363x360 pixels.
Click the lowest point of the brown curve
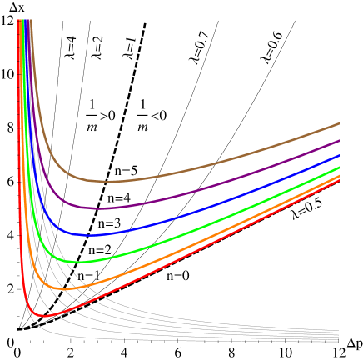pos(107,181)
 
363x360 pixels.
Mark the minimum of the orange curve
pos(63,288)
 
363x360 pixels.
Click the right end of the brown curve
pos(339,123)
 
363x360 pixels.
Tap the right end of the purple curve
pos(339,140)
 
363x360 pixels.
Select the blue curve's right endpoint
pos(339,155)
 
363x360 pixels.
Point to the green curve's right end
pos(339,167)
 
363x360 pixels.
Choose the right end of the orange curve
pos(339,176)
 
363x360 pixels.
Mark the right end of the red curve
pos(339,180)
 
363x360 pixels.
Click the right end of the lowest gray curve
pos(339,340)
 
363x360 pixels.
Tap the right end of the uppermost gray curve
pos(339,331)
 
